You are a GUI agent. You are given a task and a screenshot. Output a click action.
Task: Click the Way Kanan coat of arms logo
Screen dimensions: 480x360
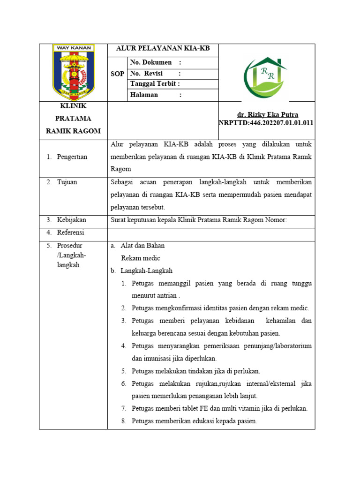click(x=74, y=72)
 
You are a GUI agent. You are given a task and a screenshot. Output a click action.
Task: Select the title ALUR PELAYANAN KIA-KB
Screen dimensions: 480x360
click(x=163, y=49)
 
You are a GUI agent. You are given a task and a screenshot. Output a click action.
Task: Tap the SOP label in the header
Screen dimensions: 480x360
click(x=117, y=74)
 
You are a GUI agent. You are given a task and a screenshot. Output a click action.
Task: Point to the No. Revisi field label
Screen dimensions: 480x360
click(x=147, y=74)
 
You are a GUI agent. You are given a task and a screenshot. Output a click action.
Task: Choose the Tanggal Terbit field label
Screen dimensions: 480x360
click(x=155, y=84)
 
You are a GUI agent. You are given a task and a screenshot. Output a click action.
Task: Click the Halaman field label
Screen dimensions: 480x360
click(x=144, y=95)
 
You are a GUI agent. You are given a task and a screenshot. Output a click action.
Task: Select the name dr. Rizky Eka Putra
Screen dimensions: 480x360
click(x=268, y=114)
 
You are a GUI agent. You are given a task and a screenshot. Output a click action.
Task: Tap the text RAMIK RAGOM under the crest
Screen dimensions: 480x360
click(x=73, y=131)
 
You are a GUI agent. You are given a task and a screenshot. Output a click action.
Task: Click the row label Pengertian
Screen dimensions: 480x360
click(x=72, y=157)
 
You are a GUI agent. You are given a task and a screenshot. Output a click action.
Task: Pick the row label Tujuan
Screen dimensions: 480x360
click(x=68, y=182)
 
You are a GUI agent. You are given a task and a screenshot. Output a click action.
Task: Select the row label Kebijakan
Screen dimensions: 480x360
click(x=72, y=219)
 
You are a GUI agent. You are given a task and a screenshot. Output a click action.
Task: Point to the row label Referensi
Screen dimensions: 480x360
click(x=72, y=232)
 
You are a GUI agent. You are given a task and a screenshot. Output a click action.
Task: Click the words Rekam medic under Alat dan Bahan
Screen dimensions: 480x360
click(x=140, y=258)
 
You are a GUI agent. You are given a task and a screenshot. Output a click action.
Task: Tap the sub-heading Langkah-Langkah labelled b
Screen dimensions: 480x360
click(x=146, y=270)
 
